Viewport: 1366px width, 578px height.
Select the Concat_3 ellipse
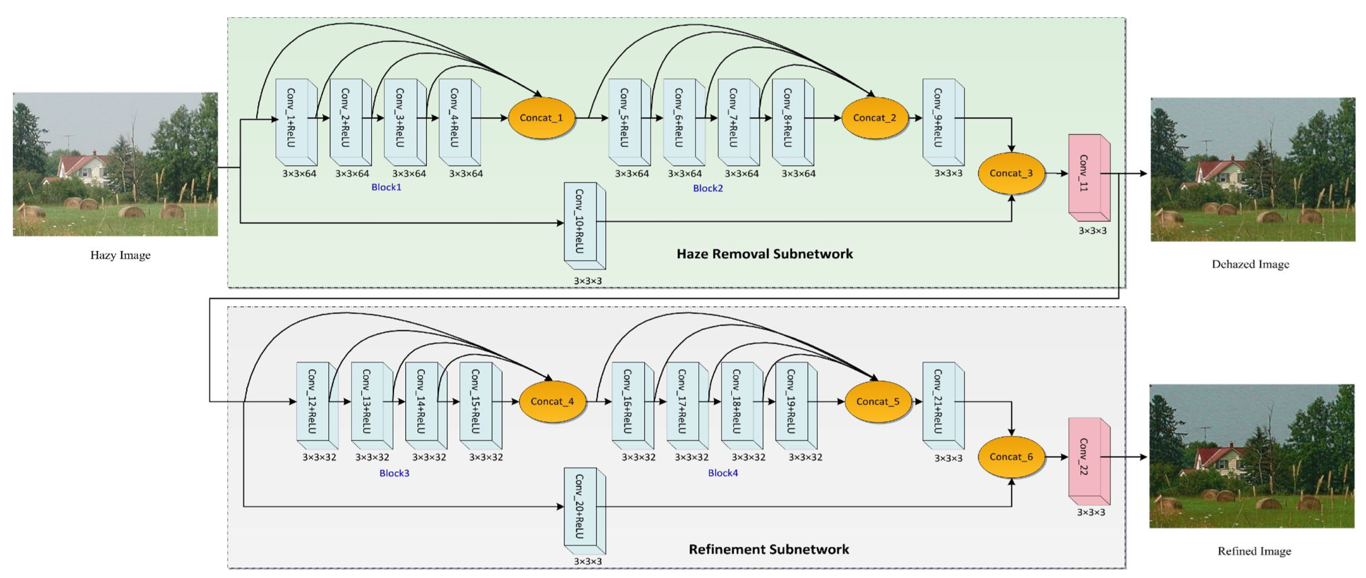(1010, 173)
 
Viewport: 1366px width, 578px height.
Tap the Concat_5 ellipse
(877, 401)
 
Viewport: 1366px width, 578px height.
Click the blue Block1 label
(386, 187)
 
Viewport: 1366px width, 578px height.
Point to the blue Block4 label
(722, 473)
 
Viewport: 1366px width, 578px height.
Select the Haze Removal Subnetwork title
(764, 254)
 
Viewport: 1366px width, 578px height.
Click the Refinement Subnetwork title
(768, 549)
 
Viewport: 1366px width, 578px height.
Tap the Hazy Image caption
(120, 255)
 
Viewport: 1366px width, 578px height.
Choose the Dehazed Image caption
(1250, 264)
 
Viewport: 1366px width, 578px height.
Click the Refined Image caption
(1254, 551)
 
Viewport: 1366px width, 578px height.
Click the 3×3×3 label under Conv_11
(1092, 231)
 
